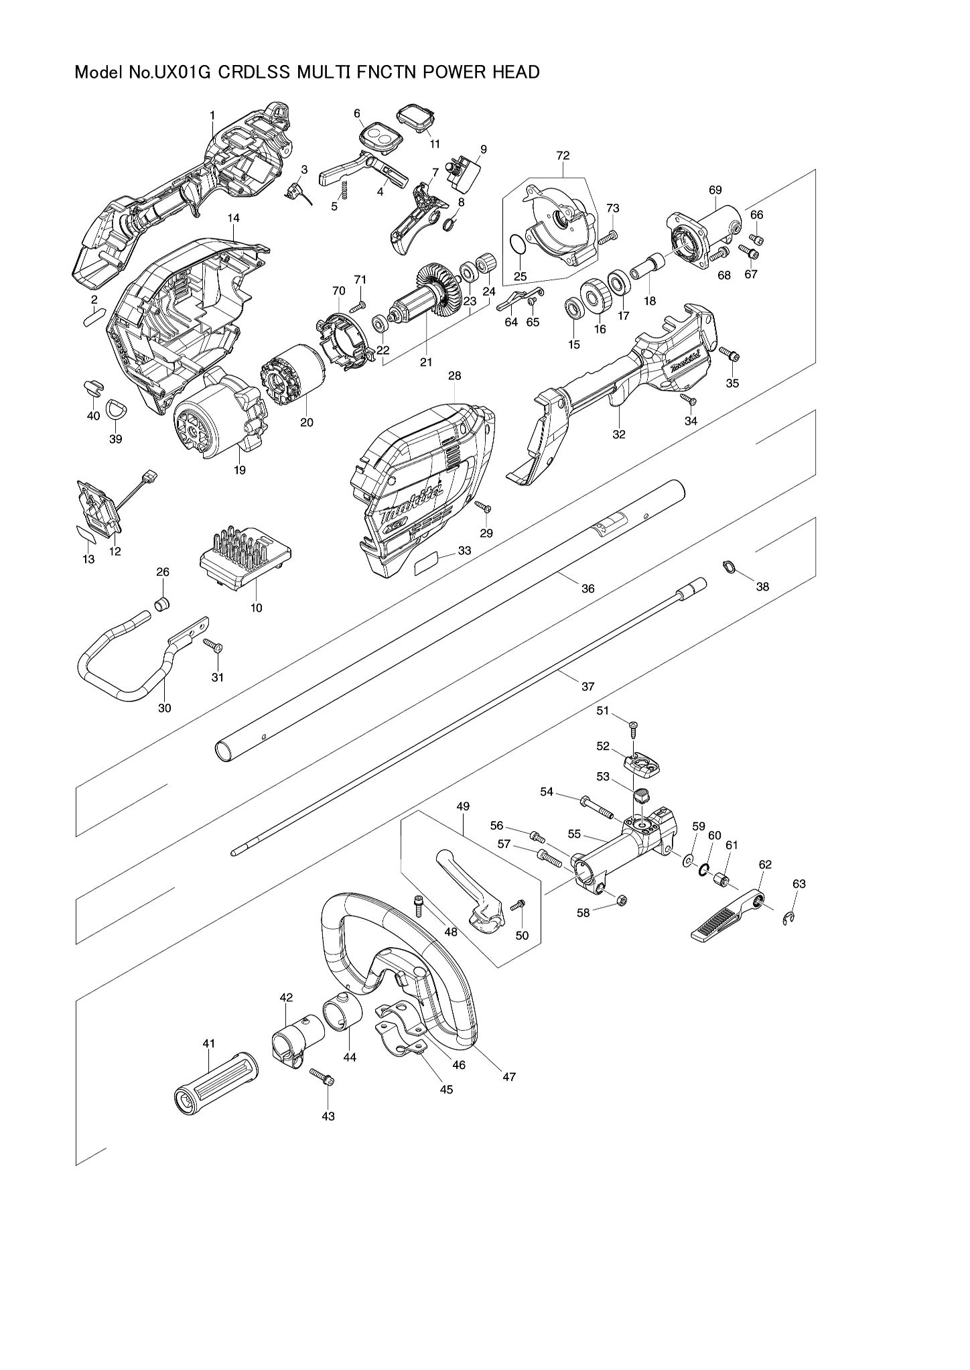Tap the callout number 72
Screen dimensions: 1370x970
pyautogui.click(x=563, y=155)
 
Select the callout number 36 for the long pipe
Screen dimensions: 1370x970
pyautogui.click(x=587, y=588)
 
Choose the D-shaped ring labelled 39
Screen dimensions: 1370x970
pyautogui.click(x=118, y=408)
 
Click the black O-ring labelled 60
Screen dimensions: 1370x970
pyautogui.click(x=703, y=870)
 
